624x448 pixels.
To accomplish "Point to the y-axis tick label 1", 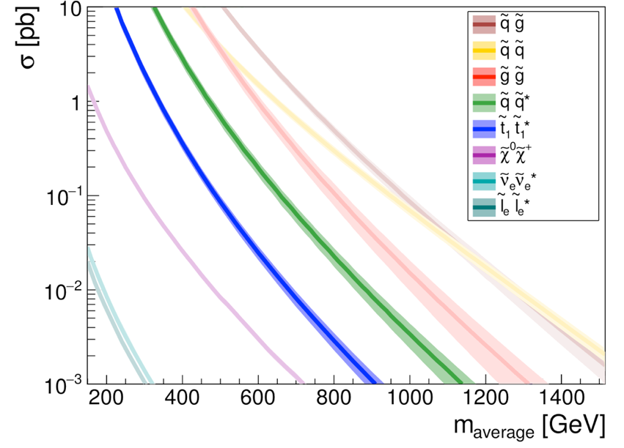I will (x=75, y=102).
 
